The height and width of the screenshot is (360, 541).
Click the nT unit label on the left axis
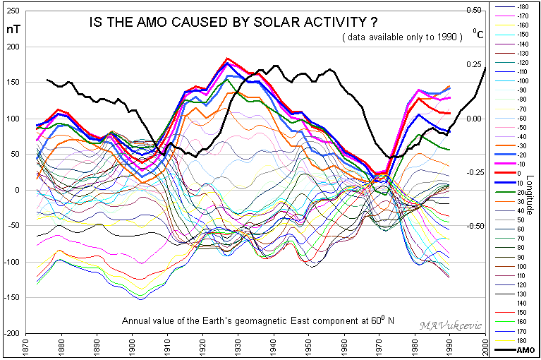coord(13,30)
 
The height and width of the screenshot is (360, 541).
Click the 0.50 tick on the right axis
coord(473,11)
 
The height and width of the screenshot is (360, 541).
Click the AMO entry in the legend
coord(525,349)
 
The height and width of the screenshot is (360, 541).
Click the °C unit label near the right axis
coord(478,33)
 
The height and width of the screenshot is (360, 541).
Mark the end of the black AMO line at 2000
coord(485,68)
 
